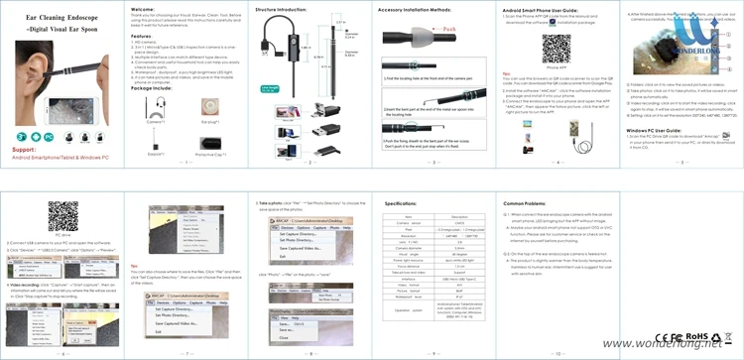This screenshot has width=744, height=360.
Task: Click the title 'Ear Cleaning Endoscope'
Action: (51, 19)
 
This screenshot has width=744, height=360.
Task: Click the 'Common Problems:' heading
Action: (527, 201)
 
